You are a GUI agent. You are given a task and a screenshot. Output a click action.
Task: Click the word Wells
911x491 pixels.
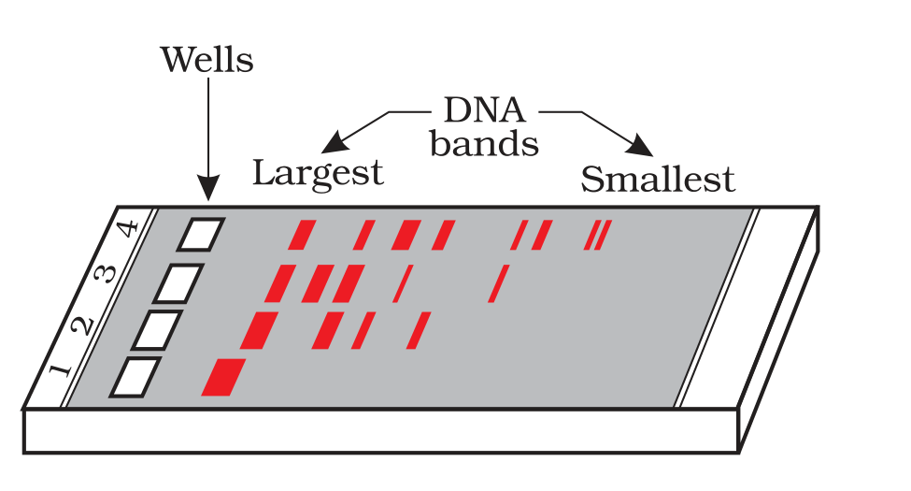pos(206,59)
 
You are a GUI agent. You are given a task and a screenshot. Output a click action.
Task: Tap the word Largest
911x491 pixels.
pos(318,173)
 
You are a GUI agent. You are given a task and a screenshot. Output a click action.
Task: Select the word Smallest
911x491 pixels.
pos(658,179)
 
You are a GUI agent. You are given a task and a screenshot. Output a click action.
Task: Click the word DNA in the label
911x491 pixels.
pos(485,109)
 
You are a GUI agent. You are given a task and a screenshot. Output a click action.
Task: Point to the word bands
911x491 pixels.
pos(484,143)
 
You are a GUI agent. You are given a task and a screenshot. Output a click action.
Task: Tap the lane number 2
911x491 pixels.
pos(82,325)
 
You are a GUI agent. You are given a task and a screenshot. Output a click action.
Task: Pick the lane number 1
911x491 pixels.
pos(60,370)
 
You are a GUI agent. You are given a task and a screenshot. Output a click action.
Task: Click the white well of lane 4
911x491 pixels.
pos(201,235)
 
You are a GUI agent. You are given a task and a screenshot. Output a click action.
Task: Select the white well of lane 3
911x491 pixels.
pos(179,283)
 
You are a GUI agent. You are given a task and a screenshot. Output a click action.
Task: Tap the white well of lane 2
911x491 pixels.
pos(157,330)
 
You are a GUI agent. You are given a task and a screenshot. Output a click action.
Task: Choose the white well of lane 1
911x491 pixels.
pos(135,378)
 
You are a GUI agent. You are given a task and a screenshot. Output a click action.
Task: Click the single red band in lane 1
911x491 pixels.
pos(223,378)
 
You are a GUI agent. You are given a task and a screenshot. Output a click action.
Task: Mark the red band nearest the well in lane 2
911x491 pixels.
pos(259,330)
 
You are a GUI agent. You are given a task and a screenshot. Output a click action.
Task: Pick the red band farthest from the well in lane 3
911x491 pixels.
pos(499,283)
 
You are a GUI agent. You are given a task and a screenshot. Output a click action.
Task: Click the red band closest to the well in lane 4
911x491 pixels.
pos(302,235)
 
